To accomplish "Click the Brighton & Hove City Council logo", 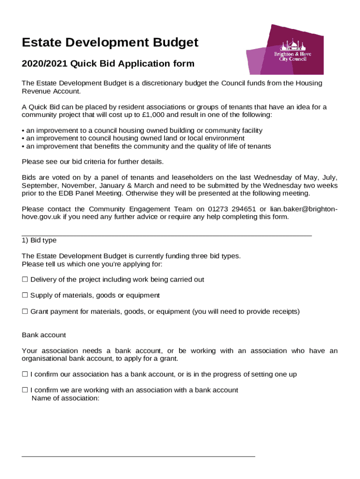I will pos(285,50).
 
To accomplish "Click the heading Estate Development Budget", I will pos(110,43).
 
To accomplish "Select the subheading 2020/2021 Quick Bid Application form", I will pos(108,64).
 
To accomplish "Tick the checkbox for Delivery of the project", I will pos(25,280).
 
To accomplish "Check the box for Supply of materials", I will pos(25,296).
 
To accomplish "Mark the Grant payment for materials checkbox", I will pos(25,312).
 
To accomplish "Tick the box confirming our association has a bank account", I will pos(25,375).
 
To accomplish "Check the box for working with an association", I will pos(25,390).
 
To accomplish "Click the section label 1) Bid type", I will pos(39,240).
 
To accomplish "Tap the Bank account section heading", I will pos(44,335).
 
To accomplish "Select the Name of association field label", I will pos(65,398).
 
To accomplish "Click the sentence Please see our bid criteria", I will pos(93,162).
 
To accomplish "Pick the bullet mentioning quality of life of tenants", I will pos(146,146).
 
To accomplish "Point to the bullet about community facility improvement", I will pos(142,131).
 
